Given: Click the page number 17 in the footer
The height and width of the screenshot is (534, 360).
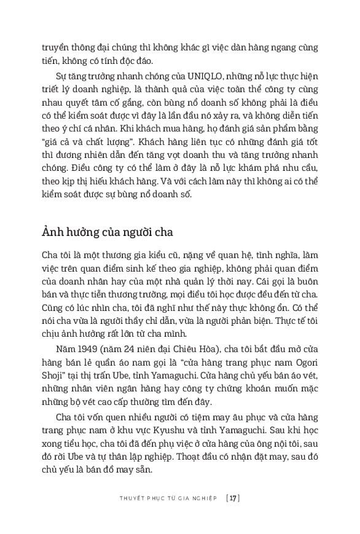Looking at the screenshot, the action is [x=232, y=498].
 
